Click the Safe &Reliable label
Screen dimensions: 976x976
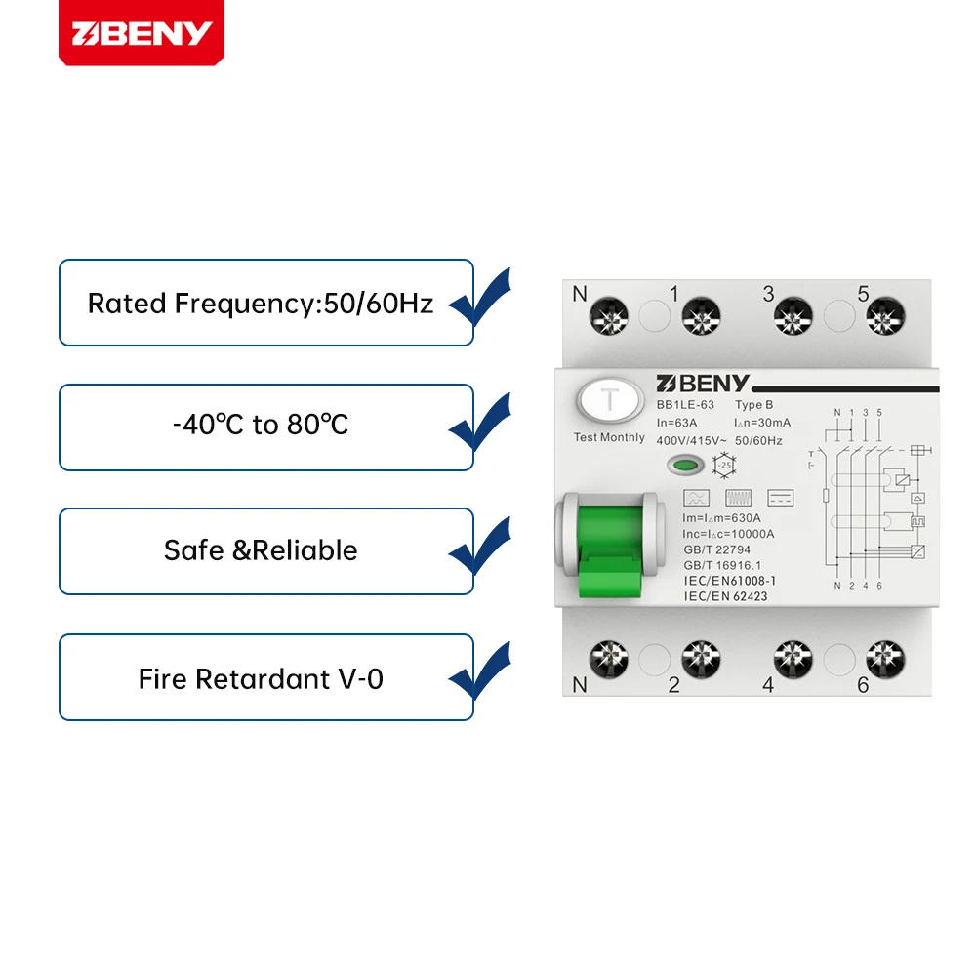coord(261,550)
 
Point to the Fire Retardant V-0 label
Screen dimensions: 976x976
coord(261,678)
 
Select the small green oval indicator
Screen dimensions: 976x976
coord(688,467)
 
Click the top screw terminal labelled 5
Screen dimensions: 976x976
coord(885,317)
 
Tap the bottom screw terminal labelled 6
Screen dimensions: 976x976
coord(885,659)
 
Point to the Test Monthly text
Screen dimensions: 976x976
coord(609,437)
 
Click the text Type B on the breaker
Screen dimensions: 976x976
coord(754,404)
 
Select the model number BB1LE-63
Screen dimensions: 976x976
coord(686,404)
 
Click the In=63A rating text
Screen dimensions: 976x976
coord(677,422)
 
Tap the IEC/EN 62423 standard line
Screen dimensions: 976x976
coord(725,595)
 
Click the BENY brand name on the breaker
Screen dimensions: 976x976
coord(703,383)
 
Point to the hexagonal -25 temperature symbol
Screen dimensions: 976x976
coord(723,466)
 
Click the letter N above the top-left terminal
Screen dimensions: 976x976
coord(580,293)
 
